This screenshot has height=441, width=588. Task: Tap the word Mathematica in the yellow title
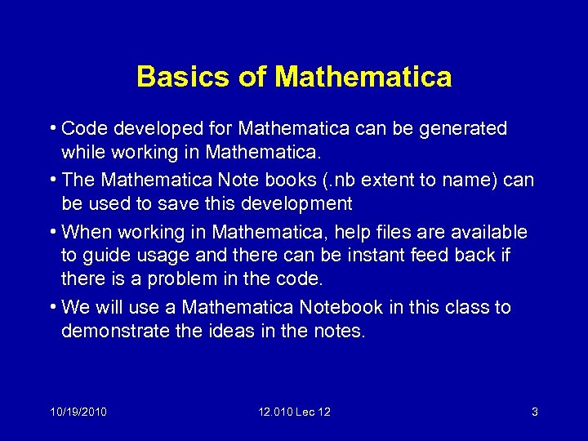click(363, 77)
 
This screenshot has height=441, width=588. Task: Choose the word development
click(292, 203)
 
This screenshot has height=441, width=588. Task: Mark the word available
click(487, 233)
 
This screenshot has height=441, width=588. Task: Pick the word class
click(469, 308)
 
